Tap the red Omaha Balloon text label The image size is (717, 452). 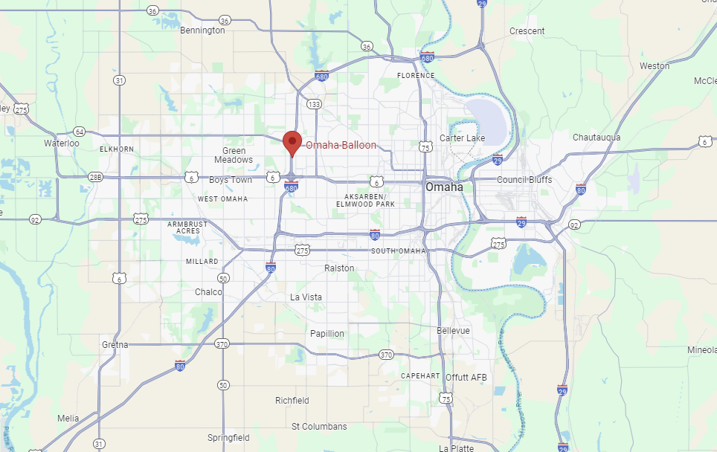tap(341, 146)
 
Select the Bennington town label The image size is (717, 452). tap(202, 30)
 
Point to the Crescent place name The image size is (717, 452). tap(527, 31)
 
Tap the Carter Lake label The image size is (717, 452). tap(462, 138)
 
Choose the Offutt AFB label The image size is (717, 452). tap(466, 378)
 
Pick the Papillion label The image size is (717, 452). tap(327, 334)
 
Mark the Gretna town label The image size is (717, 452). tap(115, 345)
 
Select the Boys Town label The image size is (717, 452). tap(231, 180)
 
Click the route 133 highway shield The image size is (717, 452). tap(315, 104)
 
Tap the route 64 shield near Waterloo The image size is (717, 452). tap(80, 132)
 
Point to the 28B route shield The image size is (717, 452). tap(95, 176)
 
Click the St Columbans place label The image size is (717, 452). tap(319, 427)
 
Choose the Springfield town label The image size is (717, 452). tap(228, 438)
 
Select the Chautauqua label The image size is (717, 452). tap(597, 138)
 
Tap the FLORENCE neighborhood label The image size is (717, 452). tap(416, 76)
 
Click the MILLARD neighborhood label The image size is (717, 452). tap(202, 262)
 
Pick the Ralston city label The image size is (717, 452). tap(339, 268)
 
